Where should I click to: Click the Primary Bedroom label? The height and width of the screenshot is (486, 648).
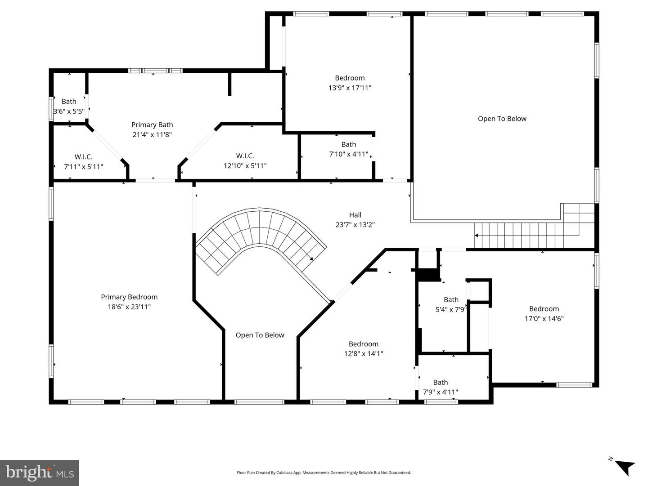[129, 297]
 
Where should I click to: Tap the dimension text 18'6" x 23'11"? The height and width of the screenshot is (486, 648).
[129, 307]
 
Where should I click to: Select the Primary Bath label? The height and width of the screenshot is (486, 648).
[152, 125]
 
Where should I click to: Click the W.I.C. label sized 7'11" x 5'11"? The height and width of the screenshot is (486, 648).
[84, 156]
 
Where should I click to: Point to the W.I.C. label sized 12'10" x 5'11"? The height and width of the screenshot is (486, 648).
[245, 156]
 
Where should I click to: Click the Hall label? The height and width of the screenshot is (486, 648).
[355, 215]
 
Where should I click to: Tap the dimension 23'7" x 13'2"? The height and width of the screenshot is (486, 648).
[355, 225]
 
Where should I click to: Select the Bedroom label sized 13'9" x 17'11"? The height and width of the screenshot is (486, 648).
[350, 78]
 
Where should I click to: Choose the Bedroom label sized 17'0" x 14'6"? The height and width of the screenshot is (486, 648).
[544, 308]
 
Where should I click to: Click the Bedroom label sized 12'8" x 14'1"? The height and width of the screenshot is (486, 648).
[363, 344]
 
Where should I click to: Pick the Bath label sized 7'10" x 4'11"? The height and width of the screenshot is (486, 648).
[348, 144]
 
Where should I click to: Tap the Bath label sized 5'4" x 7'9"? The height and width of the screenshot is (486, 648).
[451, 299]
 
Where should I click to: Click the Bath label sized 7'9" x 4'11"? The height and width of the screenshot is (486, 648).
[440, 382]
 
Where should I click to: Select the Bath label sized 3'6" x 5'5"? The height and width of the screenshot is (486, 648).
[69, 101]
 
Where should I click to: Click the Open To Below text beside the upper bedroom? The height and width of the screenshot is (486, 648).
[502, 119]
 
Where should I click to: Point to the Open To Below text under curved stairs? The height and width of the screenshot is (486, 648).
[260, 335]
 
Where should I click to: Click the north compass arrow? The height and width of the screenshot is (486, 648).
[624, 466]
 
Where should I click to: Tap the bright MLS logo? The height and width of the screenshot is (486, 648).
[40, 473]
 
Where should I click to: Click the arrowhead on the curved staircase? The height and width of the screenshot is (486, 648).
[311, 259]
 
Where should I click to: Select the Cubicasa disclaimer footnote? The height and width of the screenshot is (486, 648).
[324, 473]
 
